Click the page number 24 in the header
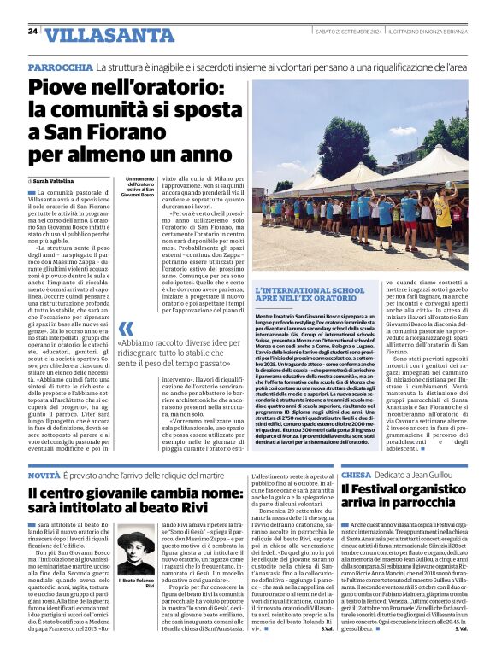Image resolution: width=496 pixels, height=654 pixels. coord(32,32)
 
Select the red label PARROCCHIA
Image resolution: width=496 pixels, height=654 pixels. coord(60,67)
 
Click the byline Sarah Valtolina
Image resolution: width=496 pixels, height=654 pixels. coord(56,181)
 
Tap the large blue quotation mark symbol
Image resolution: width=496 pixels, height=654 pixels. coord(126,329)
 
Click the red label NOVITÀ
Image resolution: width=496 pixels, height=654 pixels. coord(44,474)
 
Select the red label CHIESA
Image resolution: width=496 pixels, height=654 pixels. coord(356,474)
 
